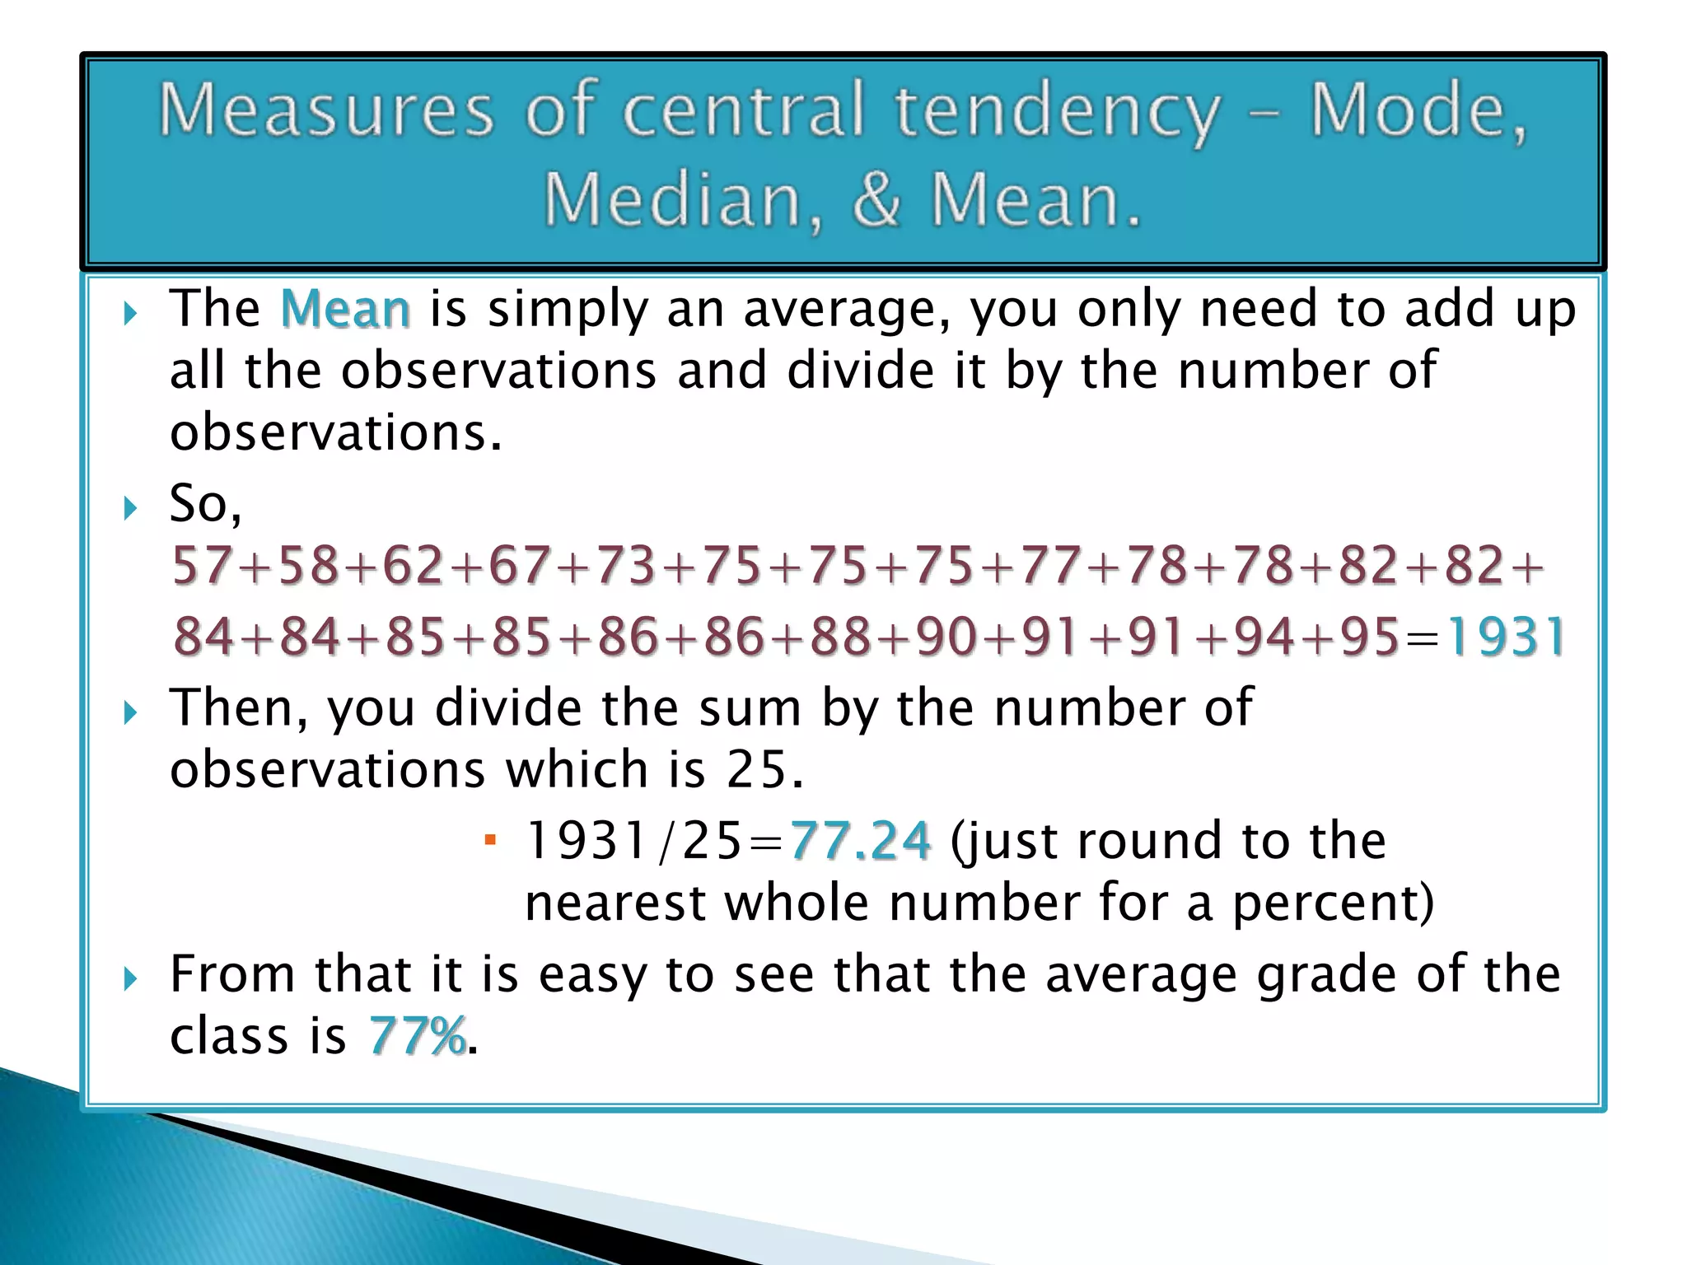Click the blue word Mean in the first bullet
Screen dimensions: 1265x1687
[x=345, y=310]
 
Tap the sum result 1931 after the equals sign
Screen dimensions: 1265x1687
[x=1506, y=637]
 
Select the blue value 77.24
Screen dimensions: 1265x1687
[x=860, y=841]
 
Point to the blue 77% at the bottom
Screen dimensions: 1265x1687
[x=417, y=1035]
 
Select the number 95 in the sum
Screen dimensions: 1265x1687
[x=1370, y=637]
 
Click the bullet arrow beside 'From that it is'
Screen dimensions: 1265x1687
[x=130, y=979]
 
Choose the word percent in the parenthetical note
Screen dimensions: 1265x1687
[x=1334, y=903]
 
